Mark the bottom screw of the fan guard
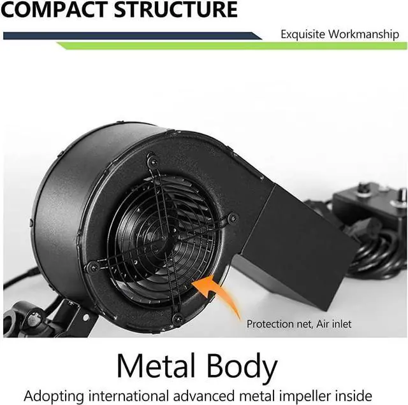tap(177, 317)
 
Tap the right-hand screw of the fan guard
tap(233, 218)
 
